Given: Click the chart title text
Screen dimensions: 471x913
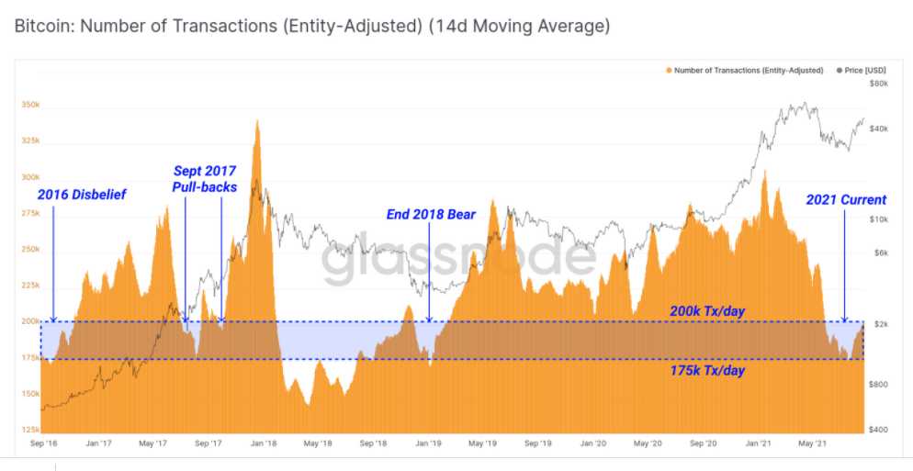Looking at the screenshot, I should pyautogui.click(x=312, y=26).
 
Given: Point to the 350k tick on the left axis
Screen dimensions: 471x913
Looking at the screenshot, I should pyautogui.click(x=30, y=106).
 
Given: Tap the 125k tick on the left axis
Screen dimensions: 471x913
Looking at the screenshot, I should pyautogui.click(x=30, y=430).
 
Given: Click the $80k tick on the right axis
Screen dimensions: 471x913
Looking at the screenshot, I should pyautogui.click(x=878, y=84).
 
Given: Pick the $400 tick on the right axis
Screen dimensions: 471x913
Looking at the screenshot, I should pyautogui.click(x=877, y=430).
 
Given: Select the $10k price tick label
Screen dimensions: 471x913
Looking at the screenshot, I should pyautogui.click(x=878, y=219).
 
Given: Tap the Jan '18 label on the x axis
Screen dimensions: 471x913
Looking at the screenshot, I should pyautogui.click(x=264, y=443).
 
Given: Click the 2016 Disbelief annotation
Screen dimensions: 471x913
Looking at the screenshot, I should pyautogui.click(x=82, y=195).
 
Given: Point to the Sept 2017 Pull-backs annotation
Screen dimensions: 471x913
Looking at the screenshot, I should pyautogui.click(x=204, y=179).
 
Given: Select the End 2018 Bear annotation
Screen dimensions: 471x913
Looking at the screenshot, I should pyautogui.click(x=431, y=214).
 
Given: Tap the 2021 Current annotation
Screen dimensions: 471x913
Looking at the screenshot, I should pyautogui.click(x=846, y=199).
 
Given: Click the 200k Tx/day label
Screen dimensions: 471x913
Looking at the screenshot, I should pyautogui.click(x=706, y=311).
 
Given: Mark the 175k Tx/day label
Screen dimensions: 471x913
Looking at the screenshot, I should pyautogui.click(x=706, y=370).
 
